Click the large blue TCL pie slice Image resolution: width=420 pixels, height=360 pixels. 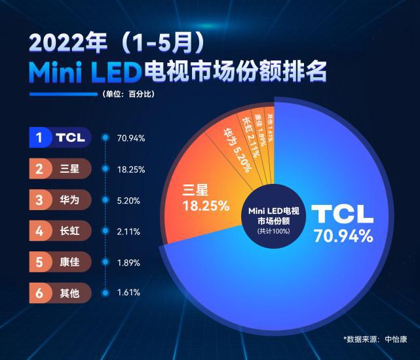(x=328, y=275)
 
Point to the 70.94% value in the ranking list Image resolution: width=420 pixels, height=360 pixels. (x=130, y=139)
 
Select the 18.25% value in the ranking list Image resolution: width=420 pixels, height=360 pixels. (x=130, y=170)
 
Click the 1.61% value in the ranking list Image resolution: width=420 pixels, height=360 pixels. (x=128, y=293)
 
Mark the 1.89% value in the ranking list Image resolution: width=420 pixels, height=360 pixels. (x=128, y=262)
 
